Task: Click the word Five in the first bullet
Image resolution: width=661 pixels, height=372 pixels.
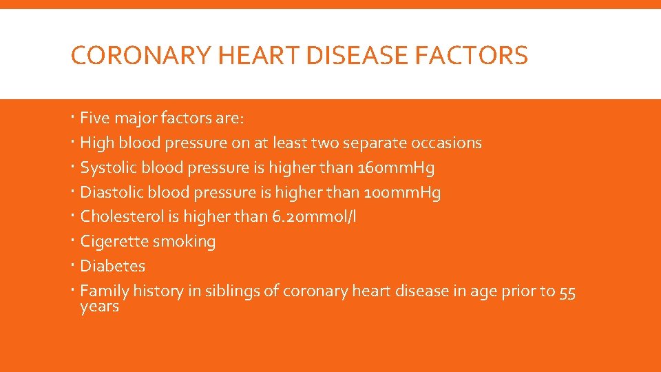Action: click(x=95, y=118)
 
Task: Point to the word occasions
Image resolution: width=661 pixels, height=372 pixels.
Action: click(x=446, y=143)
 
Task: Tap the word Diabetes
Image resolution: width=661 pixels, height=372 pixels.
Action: click(x=113, y=266)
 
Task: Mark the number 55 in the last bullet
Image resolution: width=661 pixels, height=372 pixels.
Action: click(x=567, y=291)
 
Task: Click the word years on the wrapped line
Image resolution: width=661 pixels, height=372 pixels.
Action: click(x=100, y=307)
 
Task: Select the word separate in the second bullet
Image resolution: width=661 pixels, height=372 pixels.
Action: click(x=376, y=143)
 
